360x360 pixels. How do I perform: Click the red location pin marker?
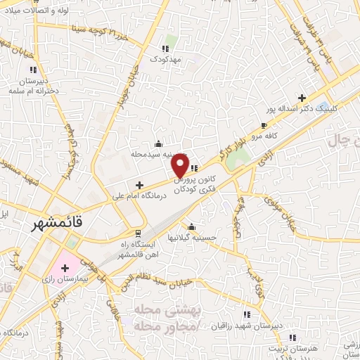(x=180, y=164)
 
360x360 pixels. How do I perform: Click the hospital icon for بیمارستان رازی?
(x=65, y=268)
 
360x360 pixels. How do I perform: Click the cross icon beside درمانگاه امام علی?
(x=139, y=186)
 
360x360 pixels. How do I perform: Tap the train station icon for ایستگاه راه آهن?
(x=139, y=233)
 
